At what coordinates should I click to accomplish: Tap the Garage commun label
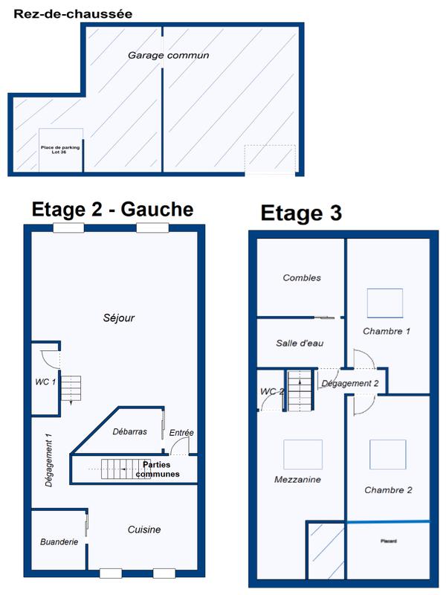click(169, 55)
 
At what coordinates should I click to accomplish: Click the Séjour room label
click(119, 318)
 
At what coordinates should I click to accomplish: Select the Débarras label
click(129, 431)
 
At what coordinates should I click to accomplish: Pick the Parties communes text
click(158, 469)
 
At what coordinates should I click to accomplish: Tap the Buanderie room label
click(59, 542)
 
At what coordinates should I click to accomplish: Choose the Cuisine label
click(144, 530)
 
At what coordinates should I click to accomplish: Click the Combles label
click(302, 277)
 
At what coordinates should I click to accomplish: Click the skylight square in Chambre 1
click(385, 303)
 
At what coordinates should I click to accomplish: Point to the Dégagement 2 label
click(350, 383)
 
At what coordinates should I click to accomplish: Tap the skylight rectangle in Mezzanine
click(303, 454)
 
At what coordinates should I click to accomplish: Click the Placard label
click(389, 541)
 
